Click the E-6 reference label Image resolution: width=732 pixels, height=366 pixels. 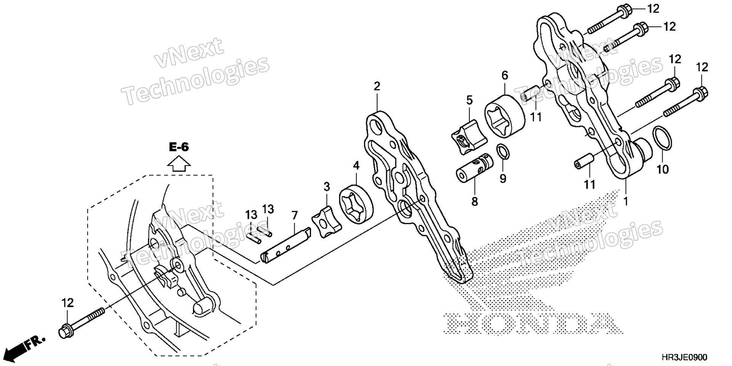click(179, 147)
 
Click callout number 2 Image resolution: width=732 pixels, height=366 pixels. click(377, 86)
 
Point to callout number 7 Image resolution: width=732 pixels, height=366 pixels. click(295, 216)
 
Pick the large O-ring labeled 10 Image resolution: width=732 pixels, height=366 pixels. click(663, 138)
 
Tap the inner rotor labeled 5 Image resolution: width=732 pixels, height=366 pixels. click(469, 138)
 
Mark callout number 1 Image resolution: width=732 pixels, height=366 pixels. click(625, 201)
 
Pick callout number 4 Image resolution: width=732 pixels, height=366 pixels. click(356, 165)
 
